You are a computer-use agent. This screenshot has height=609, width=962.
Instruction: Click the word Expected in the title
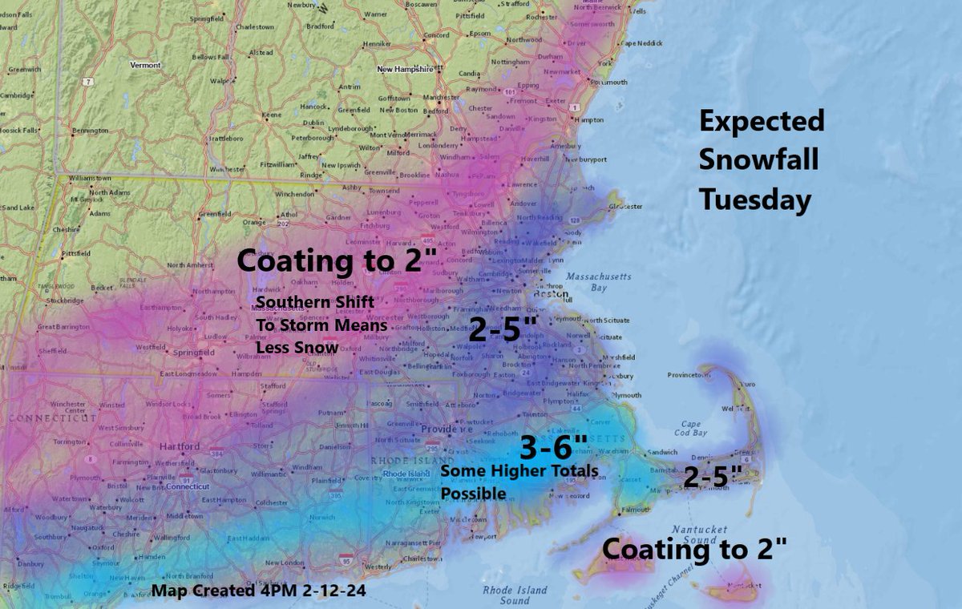point(761,122)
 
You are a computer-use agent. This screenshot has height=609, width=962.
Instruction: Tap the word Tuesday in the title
point(754,200)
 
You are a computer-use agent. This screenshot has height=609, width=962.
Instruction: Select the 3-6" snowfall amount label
point(553,447)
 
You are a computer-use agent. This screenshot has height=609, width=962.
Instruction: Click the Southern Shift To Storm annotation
point(321,325)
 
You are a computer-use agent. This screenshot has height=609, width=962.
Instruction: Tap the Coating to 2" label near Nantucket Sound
point(694,549)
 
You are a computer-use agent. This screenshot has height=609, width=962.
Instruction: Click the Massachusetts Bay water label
point(598,282)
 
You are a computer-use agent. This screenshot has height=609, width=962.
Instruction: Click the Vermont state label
point(145,65)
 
